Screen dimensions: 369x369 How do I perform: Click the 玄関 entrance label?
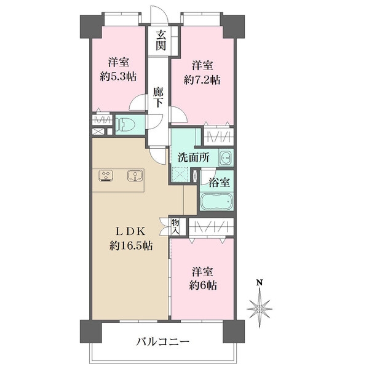(160, 41)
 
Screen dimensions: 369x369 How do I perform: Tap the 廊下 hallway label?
(158, 98)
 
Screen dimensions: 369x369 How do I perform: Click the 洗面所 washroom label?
(194, 157)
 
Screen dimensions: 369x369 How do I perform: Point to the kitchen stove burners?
(105, 175)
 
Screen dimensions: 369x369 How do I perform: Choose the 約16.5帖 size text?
(131, 245)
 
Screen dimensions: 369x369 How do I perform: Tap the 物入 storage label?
(175, 226)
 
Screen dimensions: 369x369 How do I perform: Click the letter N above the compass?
(260, 284)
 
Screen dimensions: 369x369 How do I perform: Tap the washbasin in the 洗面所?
(226, 158)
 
